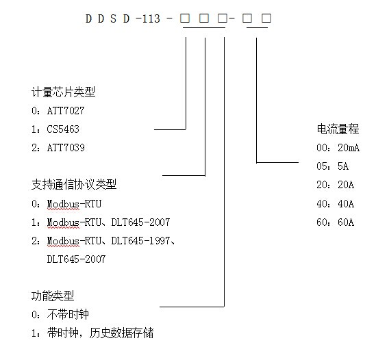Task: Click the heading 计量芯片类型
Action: click(x=63, y=92)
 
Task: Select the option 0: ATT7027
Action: click(x=58, y=111)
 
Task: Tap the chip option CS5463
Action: click(x=63, y=129)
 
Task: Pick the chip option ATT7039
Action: click(x=66, y=148)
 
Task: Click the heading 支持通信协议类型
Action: click(x=74, y=185)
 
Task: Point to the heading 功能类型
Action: click(x=53, y=296)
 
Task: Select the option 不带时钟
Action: click(x=68, y=314)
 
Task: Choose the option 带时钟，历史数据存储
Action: click(x=100, y=333)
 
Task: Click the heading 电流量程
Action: click(x=338, y=129)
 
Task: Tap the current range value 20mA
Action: click(x=349, y=148)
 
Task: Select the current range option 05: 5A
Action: click(x=332, y=166)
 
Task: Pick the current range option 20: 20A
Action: click(x=335, y=185)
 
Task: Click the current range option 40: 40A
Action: click(x=335, y=204)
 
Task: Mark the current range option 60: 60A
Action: click(x=335, y=222)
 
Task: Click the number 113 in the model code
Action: click(x=151, y=18)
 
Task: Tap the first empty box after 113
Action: click(x=185, y=18)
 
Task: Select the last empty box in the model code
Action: click(x=266, y=18)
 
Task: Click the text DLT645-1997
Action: click(x=140, y=241)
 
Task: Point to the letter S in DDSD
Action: click(x=114, y=18)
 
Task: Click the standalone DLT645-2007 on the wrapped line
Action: click(x=76, y=259)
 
